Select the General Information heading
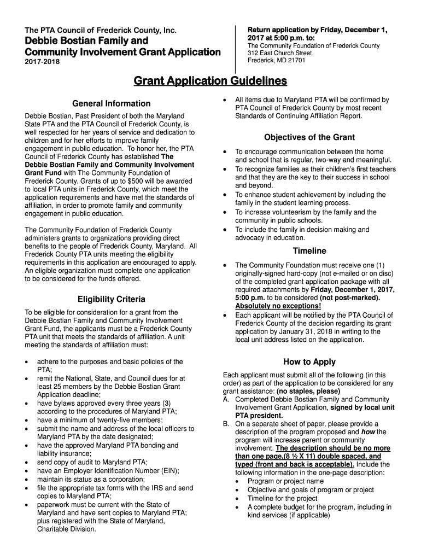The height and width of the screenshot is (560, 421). click(111, 103)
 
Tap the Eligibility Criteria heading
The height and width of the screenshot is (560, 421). click(111, 299)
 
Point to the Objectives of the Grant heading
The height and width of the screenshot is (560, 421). click(309, 137)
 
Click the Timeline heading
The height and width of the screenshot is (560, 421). click(309, 251)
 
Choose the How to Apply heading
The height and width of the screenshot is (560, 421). click(309, 362)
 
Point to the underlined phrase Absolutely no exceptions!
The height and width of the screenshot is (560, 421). click(278, 306)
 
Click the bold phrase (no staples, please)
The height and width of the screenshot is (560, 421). click(308, 392)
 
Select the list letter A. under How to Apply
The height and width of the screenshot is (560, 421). click(226, 400)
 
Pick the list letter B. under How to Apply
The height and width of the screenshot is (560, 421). click(226, 424)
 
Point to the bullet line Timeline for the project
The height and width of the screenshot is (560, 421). click(282, 498)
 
